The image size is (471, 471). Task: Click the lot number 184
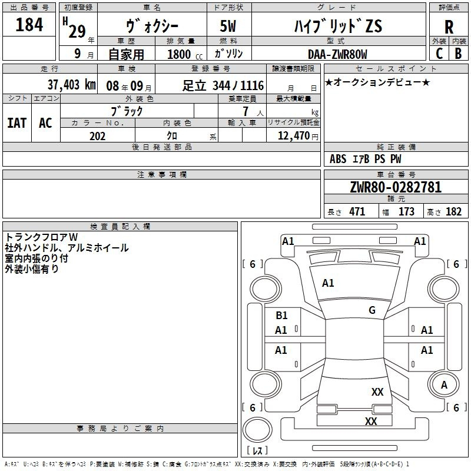point(29,24)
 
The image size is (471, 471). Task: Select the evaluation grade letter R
point(449,27)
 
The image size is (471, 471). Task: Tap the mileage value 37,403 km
point(71,85)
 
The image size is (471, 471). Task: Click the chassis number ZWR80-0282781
point(396,187)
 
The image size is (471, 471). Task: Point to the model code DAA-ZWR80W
point(337,54)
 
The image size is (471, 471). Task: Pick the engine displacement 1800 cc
point(185,54)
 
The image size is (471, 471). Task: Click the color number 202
point(97,136)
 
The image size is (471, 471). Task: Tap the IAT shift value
point(17,123)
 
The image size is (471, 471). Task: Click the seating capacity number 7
point(246,111)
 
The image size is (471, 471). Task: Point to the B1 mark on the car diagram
point(281,316)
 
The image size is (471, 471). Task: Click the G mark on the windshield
point(372,310)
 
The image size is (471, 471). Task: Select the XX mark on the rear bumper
point(371,421)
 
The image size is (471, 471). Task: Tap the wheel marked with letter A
point(444,384)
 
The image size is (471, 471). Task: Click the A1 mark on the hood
point(328,283)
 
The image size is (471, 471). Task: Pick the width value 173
point(406,211)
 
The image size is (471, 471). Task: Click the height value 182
point(453,211)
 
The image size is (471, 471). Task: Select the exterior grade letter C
point(439,54)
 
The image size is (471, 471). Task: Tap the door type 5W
point(228,26)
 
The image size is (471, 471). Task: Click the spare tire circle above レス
point(257,430)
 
